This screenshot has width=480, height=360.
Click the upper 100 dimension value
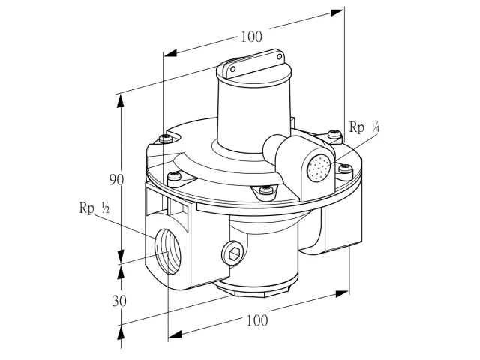[x=252, y=37]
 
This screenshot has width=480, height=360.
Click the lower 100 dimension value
[x=257, y=320]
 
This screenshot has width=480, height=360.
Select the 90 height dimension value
[x=117, y=180]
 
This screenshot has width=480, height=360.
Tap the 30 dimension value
[x=119, y=301]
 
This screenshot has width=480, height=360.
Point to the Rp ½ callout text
[x=94, y=208]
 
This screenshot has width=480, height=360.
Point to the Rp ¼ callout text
[x=364, y=127]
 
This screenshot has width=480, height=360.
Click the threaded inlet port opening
[x=167, y=251]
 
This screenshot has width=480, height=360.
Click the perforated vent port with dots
[x=319, y=167]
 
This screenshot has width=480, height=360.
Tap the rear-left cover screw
[x=166, y=138]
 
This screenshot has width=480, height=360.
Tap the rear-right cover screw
[x=334, y=134]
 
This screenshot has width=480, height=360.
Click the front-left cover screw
[x=175, y=175]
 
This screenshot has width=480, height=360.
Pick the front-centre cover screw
[x=266, y=190]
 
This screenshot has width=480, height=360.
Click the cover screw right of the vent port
[x=346, y=168]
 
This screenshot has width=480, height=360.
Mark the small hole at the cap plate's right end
[x=280, y=57]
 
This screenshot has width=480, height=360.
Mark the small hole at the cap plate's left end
[x=232, y=68]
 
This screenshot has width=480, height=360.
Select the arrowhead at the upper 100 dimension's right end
[x=337, y=13]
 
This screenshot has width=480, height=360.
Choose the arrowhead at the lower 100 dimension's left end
[x=175, y=334]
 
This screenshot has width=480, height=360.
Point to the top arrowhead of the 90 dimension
[x=121, y=101]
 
